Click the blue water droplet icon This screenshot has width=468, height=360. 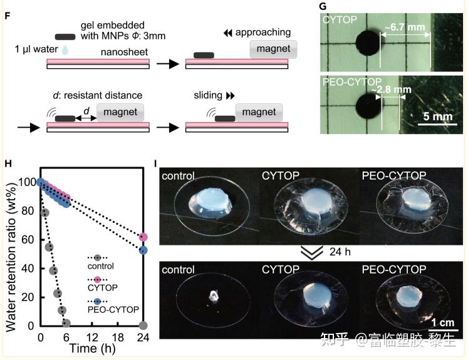(x=65, y=50)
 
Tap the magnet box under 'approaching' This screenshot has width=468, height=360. (x=273, y=49)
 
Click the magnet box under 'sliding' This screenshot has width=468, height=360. (x=259, y=113)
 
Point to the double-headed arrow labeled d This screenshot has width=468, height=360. (x=86, y=118)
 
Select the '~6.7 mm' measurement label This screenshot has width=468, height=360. (x=405, y=27)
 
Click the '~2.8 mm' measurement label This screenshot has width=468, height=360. (x=392, y=90)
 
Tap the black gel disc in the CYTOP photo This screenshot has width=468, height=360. (x=368, y=43)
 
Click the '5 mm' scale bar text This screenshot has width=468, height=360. (x=437, y=116)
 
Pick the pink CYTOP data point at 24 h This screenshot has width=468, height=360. (x=143, y=237)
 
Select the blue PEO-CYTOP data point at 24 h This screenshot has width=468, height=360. (x=143, y=250)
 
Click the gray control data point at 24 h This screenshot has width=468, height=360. (x=143, y=326)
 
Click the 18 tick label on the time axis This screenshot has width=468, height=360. (x=118, y=337)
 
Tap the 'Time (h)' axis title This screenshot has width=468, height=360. (x=92, y=348)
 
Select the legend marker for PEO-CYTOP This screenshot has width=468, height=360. (x=97, y=301)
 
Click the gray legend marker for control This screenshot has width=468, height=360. (x=97, y=257)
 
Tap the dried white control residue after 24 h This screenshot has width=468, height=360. (x=214, y=296)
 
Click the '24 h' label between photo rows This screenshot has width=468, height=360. (x=340, y=252)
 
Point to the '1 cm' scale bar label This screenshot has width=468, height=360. (x=443, y=322)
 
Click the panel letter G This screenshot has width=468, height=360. (x=323, y=6)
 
